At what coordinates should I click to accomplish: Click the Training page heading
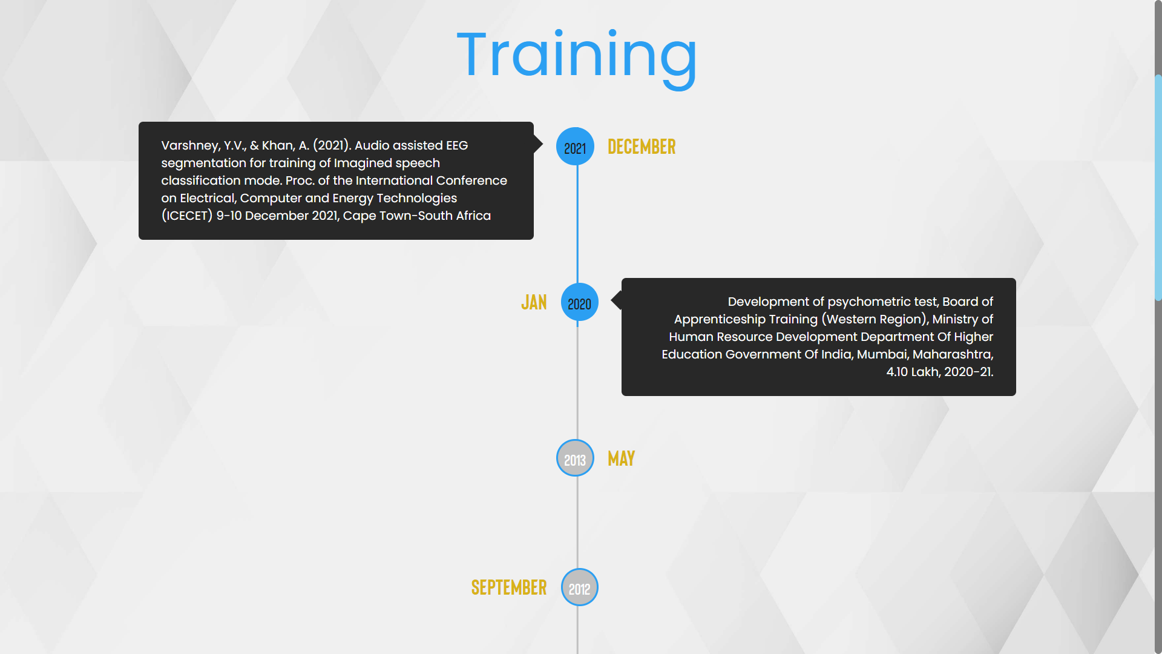577,58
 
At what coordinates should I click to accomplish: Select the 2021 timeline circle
575,146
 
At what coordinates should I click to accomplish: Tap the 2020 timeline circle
580,302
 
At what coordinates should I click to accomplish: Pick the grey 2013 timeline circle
575,458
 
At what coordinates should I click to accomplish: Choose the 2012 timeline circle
580,587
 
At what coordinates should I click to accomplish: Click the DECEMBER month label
642,147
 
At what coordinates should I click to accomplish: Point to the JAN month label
534,302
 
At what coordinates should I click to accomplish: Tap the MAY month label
621,458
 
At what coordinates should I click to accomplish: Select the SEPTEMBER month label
509,587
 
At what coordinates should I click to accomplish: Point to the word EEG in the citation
457,145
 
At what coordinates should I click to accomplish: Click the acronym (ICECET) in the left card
187,216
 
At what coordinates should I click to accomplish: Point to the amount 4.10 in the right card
897,372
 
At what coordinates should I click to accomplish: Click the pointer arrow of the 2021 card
538,144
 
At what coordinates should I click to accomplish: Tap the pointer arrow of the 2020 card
617,300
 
